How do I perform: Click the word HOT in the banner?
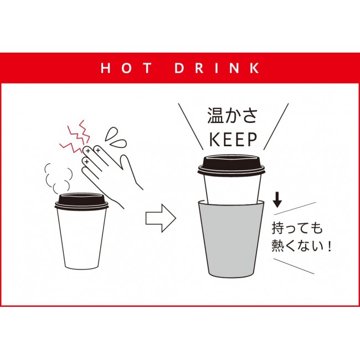point(126,68)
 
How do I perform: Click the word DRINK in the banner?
point(217,68)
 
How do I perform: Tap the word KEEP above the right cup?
point(233,140)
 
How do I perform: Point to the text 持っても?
point(297,228)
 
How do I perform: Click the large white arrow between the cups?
point(161,218)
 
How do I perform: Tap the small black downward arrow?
point(277,200)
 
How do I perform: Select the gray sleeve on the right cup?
point(232,238)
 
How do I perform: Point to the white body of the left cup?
point(82,239)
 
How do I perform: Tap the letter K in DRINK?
point(254,68)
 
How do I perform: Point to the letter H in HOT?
point(106,68)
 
